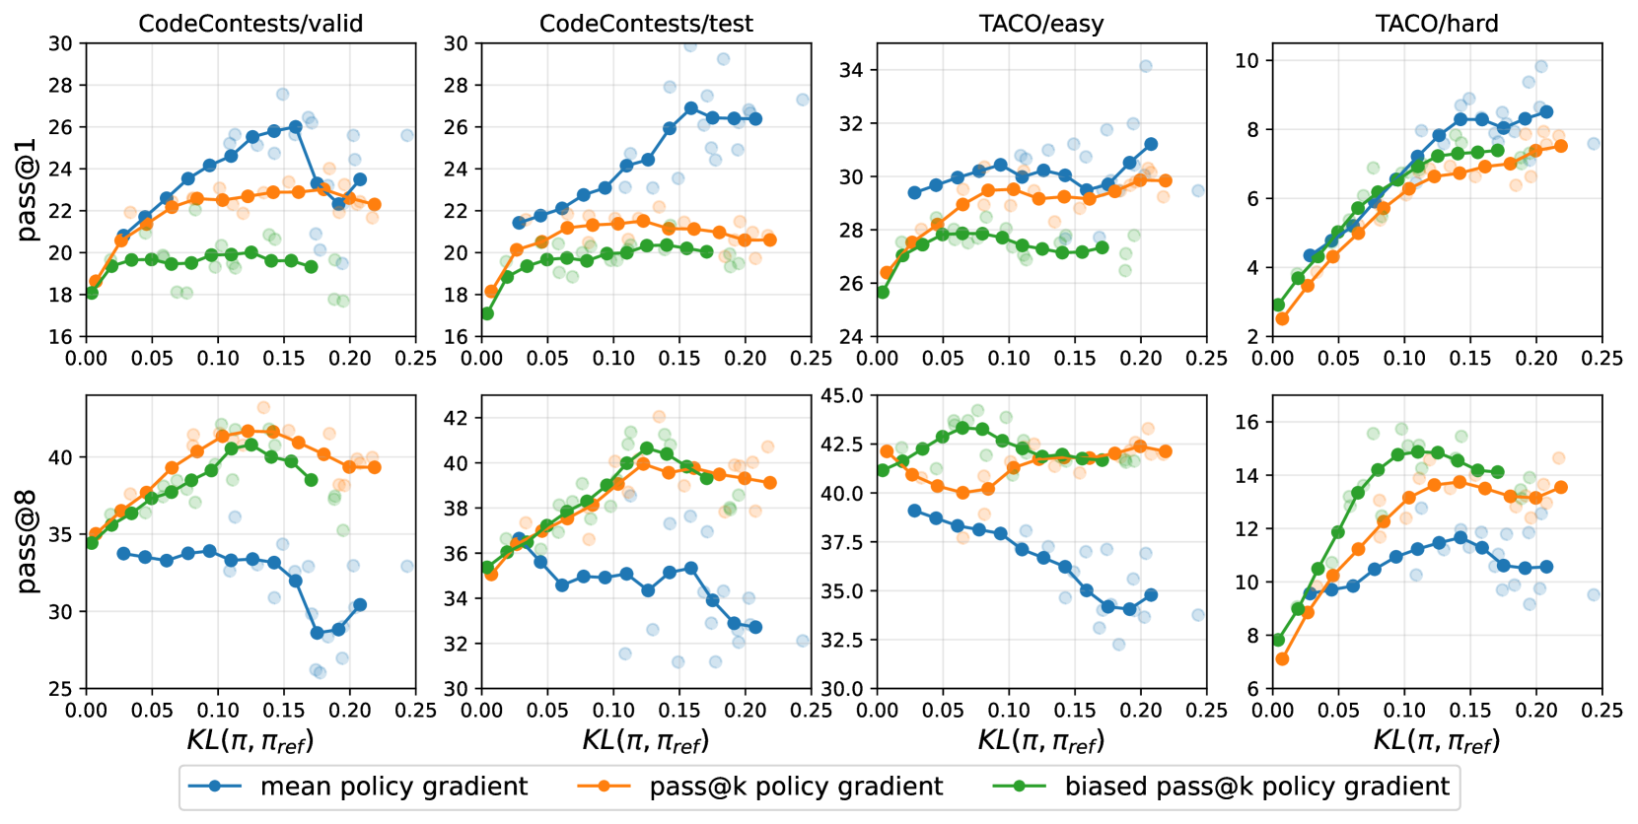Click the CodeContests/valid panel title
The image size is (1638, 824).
coord(250,24)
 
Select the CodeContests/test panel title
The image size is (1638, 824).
coord(646,24)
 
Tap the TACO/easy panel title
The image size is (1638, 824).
coord(1041,24)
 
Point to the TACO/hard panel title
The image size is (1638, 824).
coord(1437,24)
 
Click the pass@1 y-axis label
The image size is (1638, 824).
coord(27,189)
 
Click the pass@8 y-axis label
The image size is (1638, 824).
coord(27,541)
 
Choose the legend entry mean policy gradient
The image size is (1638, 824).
coord(393,787)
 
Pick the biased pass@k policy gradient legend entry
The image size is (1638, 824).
coord(1256,787)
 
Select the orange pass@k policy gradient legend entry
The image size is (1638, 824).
coord(796,787)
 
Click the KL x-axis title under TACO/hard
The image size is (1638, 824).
coord(1437,740)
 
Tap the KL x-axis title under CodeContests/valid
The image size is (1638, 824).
coord(250,740)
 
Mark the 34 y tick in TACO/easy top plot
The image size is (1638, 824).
coord(850,70)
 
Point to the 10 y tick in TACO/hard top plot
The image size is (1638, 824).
coord(1246,61)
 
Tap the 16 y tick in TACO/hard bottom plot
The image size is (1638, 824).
coord(1246,422)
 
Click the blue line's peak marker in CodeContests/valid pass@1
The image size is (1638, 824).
coord(295,127)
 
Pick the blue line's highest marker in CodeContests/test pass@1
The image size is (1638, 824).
coord(691,108)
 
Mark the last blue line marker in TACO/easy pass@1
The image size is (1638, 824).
coord(1151,144)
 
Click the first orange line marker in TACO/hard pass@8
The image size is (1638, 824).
coord(1282,658)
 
